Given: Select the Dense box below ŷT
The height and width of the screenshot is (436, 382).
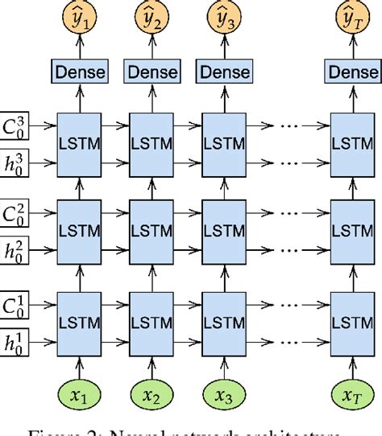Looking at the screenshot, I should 352,72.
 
